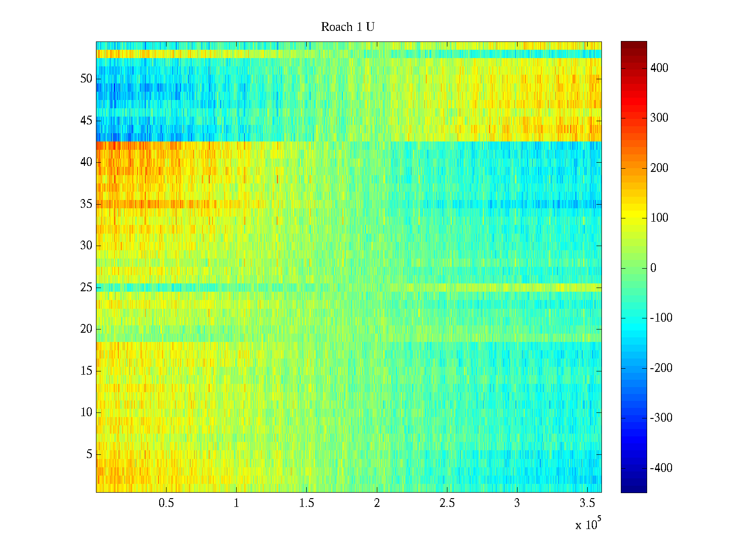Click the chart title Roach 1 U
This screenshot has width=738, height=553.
(347, 27)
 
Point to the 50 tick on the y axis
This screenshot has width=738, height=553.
(86, 79)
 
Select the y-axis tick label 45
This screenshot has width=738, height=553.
(86, 121)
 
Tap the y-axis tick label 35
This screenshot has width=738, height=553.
(86, 204)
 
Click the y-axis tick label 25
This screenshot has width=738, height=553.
(86, 288)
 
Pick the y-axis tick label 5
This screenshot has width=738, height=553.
(89, 454)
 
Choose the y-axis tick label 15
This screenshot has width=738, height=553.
(86, 371)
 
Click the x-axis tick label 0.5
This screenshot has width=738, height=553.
(166, 503)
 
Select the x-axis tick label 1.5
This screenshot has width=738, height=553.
(306, 503)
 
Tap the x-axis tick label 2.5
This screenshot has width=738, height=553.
(446, 503)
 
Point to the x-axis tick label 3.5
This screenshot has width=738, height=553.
(587, 503)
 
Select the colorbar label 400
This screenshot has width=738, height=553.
(659, 68)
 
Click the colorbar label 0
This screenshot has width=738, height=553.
(653, 268)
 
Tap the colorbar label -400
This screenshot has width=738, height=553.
(661, 468)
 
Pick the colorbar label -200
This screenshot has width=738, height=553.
(661, 368)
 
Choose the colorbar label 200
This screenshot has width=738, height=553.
(659, 168)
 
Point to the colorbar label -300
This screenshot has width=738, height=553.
(661, 418)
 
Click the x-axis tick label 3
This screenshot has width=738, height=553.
(517, 503)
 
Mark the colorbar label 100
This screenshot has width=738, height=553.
(659, 218)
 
